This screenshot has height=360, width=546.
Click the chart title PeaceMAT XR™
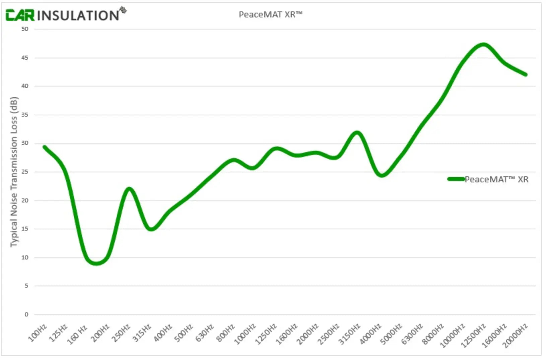coord(270,14)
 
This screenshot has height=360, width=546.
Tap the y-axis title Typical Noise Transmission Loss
coord(14,172)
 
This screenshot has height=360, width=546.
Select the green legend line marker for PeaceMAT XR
coord(456,179)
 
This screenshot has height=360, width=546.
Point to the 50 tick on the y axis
coord(25,29)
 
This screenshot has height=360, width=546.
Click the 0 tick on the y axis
coord(26,314)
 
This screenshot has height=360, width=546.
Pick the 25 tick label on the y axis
coord(25,172)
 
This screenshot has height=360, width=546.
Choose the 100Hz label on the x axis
coord(38,333)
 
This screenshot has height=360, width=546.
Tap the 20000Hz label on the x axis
coord(516,335)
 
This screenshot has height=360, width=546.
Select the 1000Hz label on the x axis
coord(245,335)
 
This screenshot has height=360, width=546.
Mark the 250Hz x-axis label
coord(121,333)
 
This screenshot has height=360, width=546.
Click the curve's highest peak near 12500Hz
coord(483,45)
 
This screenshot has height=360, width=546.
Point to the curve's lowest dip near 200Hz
coord(96,263)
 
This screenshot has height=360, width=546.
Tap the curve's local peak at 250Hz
coord(129,189)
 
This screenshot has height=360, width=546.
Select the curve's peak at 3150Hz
coord(357,133)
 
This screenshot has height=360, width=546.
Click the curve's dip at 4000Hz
coord(382,175)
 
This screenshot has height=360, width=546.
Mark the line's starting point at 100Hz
coord(45,147)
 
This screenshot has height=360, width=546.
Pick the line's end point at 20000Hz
coord(526,74)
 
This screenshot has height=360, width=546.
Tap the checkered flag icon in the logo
coord(123,10)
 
